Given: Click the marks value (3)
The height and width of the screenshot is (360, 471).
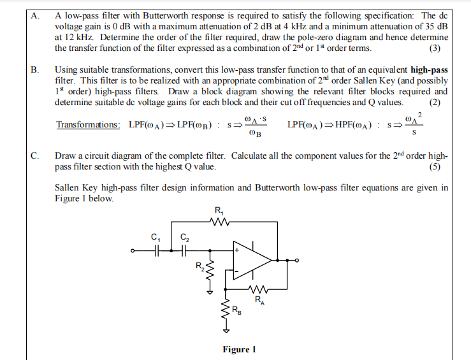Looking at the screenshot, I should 435,48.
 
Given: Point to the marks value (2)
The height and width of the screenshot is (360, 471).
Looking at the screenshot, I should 435,101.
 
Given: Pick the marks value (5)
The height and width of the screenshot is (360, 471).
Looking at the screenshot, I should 435,167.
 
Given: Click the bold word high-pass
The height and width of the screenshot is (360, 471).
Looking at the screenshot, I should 430,69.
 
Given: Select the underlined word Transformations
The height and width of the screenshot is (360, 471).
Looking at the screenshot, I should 87,124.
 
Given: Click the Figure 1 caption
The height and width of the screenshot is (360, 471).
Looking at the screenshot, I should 239,349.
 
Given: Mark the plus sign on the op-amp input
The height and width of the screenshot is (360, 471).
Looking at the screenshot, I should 237,251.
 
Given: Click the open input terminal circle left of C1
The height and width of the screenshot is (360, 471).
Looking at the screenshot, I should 133,251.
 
